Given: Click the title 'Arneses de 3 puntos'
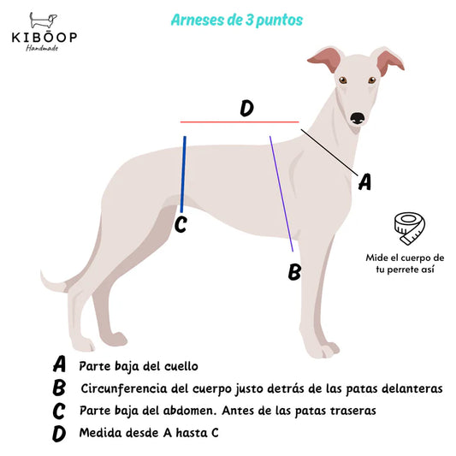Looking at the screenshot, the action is [x=237, y=20].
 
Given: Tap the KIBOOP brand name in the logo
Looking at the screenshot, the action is [x=44, y=38].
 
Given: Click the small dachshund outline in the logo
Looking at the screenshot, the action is [x=43, y=21].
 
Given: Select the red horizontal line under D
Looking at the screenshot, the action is [x=240, y=121].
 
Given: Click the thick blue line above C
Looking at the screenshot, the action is [x=183, y=175].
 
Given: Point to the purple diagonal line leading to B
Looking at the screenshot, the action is [x=281, y=193].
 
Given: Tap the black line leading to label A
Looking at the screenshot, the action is [x=329, y=152].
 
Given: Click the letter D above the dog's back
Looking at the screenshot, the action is [x=247, y=108].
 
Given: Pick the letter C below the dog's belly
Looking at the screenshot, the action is [x=181, y=225].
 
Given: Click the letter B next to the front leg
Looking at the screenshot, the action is [x=294, y=271].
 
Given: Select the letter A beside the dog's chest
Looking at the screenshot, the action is [x=365, y=181].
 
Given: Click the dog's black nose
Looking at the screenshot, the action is [x=358, y=118].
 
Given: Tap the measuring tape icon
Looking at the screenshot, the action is [x=410, y=228].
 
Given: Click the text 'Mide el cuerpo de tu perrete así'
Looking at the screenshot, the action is [x=405, y=264].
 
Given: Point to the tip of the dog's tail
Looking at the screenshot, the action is [x=42, y=272].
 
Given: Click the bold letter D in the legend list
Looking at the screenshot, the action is [x=59, y=434].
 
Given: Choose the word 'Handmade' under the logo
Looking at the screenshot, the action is [x=42, y=48].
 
